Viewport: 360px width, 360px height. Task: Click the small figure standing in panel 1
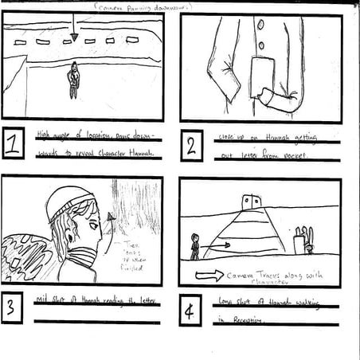[73, 80]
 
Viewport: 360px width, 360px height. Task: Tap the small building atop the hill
[252, 200]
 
